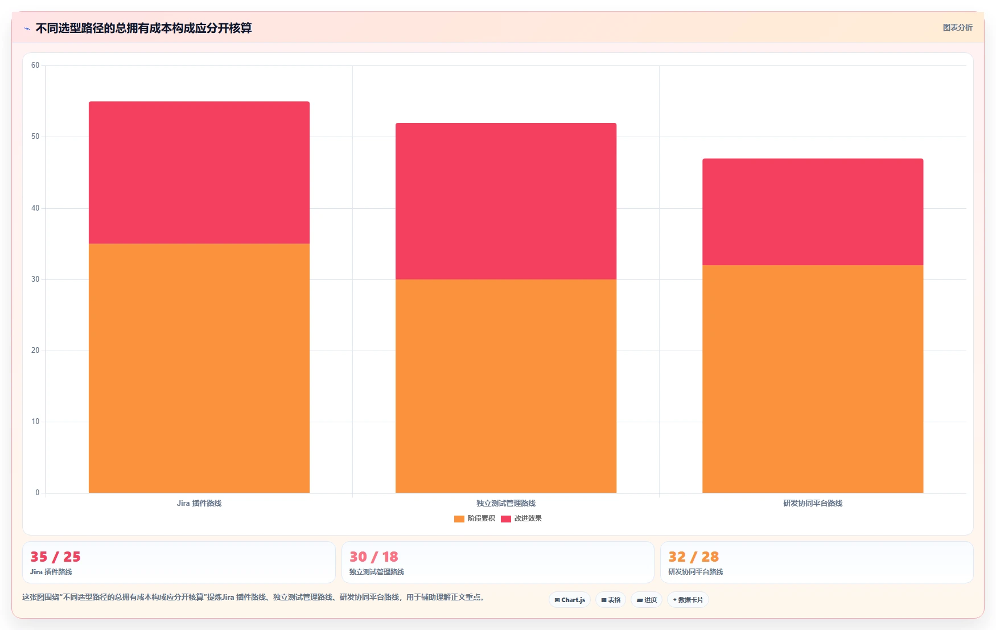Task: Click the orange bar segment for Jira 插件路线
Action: pyautogui.click(x=199, y=368)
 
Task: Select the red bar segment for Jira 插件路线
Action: pyautogui.click(x=199, y=172)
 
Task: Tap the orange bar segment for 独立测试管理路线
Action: pyautogui.click(x=506, y=386)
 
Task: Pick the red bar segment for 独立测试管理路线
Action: pyautogui.click(x=506, y=201)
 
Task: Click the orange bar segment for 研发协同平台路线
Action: pyautogui.click(x=813, y=379)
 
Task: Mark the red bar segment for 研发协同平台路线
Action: pyautogui.click(x=813, y=212)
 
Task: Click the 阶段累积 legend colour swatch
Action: pyautogui.click(x=459, y=518)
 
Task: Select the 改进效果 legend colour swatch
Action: pyautogui.click(x=506, y=518)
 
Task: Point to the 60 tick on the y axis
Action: pyautogui.click(x=35, y=65)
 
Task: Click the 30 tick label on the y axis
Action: pyautogui.click(x=35, y=279)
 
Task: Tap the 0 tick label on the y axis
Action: pyautogui.click(x=38, y=493)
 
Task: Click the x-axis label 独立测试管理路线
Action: pyautogui.click(x=506, y=503)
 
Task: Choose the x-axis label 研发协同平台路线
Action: pyautogui.click(x=813, y=503)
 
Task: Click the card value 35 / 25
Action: pyautogui.click(x=55, y=557)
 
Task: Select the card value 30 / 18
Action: pyautogui.click(x=374, y=557)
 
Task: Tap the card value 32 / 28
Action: pyautogui.click(x=693, y=557)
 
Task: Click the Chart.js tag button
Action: pyautogui.click(x=570, y=600)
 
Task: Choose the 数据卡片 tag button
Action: pyautogui.click(x=688, y=600)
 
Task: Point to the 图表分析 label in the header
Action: pyautogui.click(x=958, y=27)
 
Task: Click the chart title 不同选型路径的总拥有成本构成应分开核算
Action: pyautogui.click(x=143, y=28)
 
